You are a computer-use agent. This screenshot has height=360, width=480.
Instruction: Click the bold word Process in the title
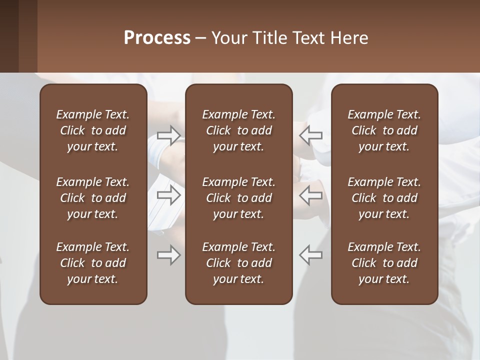pyautogui.click(x=157, y=38)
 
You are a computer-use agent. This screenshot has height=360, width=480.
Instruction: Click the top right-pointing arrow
pyautogui.click(x=169, y=135)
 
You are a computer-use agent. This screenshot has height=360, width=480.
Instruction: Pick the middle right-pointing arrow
pyautogui.click(x=169, y=195)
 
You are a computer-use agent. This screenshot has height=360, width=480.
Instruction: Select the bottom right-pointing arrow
pyautogui.click(x=169, y=255)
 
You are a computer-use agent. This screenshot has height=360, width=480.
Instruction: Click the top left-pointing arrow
pyautogui.click(x=310, y=135)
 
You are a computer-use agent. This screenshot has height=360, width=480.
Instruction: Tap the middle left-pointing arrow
pyautogui.click(x=310, y=195)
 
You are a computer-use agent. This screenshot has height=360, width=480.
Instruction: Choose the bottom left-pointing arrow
pyautogui.click(x=310, y=255)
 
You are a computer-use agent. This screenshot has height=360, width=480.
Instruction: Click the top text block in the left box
pyautogui.click(x=93, y=130)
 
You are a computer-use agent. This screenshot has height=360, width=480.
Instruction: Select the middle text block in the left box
pyautogui.click(x=93, y=198)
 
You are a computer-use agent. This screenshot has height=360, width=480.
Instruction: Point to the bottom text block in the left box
pyautogui.click(x=93, y=263)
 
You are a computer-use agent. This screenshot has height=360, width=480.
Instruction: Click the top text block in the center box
pyautogui.click(x=238, y=130)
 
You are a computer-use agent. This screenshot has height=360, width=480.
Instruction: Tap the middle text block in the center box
pyautogui.click(x=238, y=198)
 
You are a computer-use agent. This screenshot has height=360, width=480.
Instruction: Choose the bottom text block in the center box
pyautogui.click(x=238, y=263)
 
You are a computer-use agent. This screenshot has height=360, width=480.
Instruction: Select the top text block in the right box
pyautogui.click(x=384, y=130)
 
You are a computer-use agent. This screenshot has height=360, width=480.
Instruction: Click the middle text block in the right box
pyautogui.click(x=384, y=198)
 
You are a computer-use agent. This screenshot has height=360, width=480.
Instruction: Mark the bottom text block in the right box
pyautogui.click(x=384, y=263)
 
